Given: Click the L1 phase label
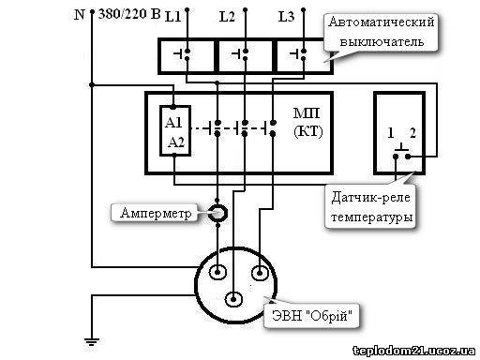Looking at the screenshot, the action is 173,16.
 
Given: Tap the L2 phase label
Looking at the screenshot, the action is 227,16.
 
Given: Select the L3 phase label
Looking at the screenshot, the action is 286,16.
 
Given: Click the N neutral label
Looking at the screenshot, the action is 80,14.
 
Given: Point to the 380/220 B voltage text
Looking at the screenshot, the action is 129,14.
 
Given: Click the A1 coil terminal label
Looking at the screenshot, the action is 173,122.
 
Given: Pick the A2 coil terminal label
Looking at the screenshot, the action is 176,142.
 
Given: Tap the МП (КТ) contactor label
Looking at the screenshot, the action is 307,122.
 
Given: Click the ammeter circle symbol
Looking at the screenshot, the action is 217,213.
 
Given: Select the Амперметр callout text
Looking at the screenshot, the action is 156,213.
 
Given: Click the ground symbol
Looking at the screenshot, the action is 92,341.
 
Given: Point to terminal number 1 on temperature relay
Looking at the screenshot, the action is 390,133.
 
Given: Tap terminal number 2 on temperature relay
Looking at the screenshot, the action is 412,133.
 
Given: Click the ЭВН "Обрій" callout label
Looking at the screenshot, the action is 312,316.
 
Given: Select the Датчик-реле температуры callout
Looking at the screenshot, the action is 371,207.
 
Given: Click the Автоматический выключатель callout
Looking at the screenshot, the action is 382,32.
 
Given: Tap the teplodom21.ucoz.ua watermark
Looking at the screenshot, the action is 414,351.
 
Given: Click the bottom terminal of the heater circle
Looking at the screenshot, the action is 233,299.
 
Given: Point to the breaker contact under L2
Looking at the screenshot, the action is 241,54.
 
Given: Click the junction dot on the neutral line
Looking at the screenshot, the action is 92,84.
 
